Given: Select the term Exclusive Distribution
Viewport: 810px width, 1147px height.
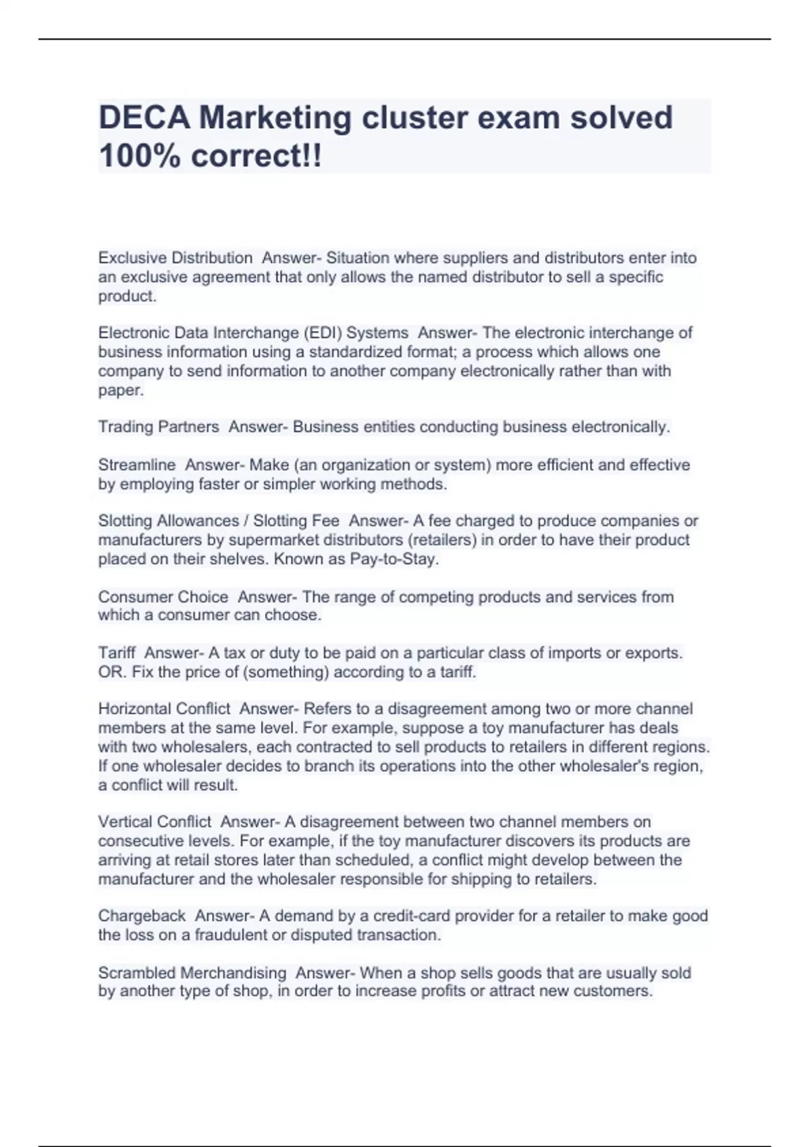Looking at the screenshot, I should click(175, 258).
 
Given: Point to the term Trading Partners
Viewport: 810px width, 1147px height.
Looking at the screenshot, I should click(159, 427).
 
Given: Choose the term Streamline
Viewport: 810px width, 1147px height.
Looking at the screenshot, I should click(136, 465).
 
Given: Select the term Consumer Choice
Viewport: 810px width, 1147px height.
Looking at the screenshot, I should click(163, 597).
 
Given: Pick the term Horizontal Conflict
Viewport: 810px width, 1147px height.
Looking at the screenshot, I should click(164, 709).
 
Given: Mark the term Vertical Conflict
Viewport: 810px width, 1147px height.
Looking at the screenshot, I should click(155, 822).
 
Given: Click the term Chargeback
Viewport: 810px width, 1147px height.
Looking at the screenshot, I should click(142, 916).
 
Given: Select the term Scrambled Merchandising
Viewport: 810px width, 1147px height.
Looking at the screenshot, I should click(192, 973).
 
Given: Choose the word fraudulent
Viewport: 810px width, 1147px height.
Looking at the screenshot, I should click(231, 935).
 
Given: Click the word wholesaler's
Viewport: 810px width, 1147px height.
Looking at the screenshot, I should click(600, 766).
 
